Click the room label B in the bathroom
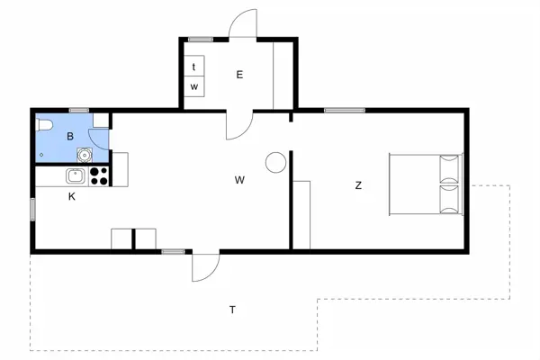(69, 137)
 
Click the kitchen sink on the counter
(76, 175)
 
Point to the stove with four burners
(99, 175)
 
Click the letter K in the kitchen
(71, 196)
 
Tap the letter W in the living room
(239, 180)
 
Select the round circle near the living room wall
(274, 162)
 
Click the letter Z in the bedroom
(358, 185)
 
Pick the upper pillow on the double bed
(448, 168)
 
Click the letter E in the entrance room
(239, 75)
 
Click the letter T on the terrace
(232, 310)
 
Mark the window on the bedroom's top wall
(338, 110)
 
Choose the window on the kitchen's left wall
(32, 209)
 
